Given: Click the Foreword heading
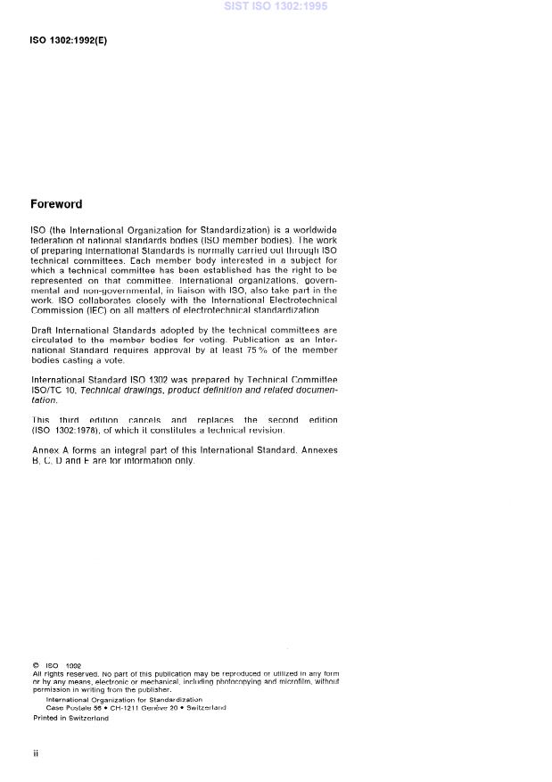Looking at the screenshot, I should (56, 204).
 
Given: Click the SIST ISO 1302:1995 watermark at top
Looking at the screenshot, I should (276, 6).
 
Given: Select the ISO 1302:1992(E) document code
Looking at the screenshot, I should (69, 41).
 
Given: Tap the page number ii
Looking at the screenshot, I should (36, 753).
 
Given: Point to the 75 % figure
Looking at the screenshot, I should (236, 350).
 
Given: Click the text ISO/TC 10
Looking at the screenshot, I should (54, 390).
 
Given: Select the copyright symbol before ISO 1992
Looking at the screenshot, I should (35, 665).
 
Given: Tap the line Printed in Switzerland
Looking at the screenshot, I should (70, 717).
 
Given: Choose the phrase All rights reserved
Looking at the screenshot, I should (62, 673).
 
